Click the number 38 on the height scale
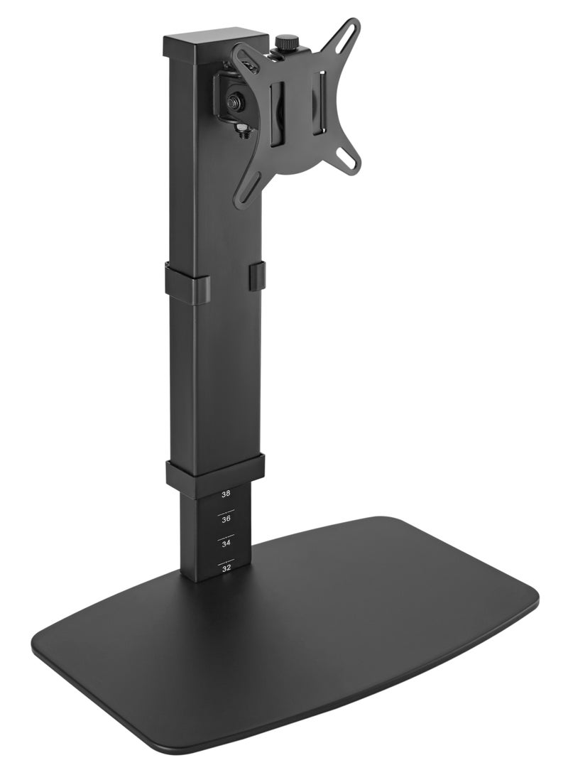(x=226, y=493)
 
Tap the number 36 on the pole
(x=226, y=519)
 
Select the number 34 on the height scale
(x=226, y=543)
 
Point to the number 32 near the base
(x=226, y=568)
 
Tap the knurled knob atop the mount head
(x=286, y=42)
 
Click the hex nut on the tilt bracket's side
(x=234, y=102)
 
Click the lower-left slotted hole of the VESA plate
(x=250, y=186)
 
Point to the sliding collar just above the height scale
(x=215, y=471)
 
